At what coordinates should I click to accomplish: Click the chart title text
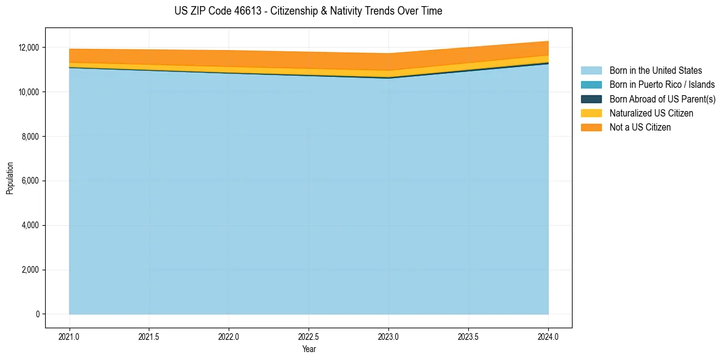[308, 11]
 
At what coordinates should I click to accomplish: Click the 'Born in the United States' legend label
[655, 71]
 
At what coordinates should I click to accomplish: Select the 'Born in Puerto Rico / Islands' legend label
[662, 85]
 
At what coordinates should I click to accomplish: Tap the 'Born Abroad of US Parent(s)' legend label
[662, 99]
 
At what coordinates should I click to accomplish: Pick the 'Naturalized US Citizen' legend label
[651, 113]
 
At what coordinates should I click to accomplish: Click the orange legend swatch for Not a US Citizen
[591, 128]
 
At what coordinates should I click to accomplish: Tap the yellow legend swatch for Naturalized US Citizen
[591, 113]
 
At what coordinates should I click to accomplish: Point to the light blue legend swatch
[591, 71]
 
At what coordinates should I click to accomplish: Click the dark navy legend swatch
[591, 99]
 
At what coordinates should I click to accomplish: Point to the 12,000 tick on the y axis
[28, 48]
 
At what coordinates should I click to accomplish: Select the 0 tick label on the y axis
[37, 314]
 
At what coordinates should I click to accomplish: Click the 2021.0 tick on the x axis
[69, 337]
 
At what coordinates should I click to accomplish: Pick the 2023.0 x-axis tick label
[388, 337]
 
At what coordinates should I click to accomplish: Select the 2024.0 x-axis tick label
[548, 337]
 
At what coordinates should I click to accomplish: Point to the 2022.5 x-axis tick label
[309, 337]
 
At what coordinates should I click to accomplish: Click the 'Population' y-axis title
[10, 178]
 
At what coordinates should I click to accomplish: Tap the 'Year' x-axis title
[309, 350]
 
